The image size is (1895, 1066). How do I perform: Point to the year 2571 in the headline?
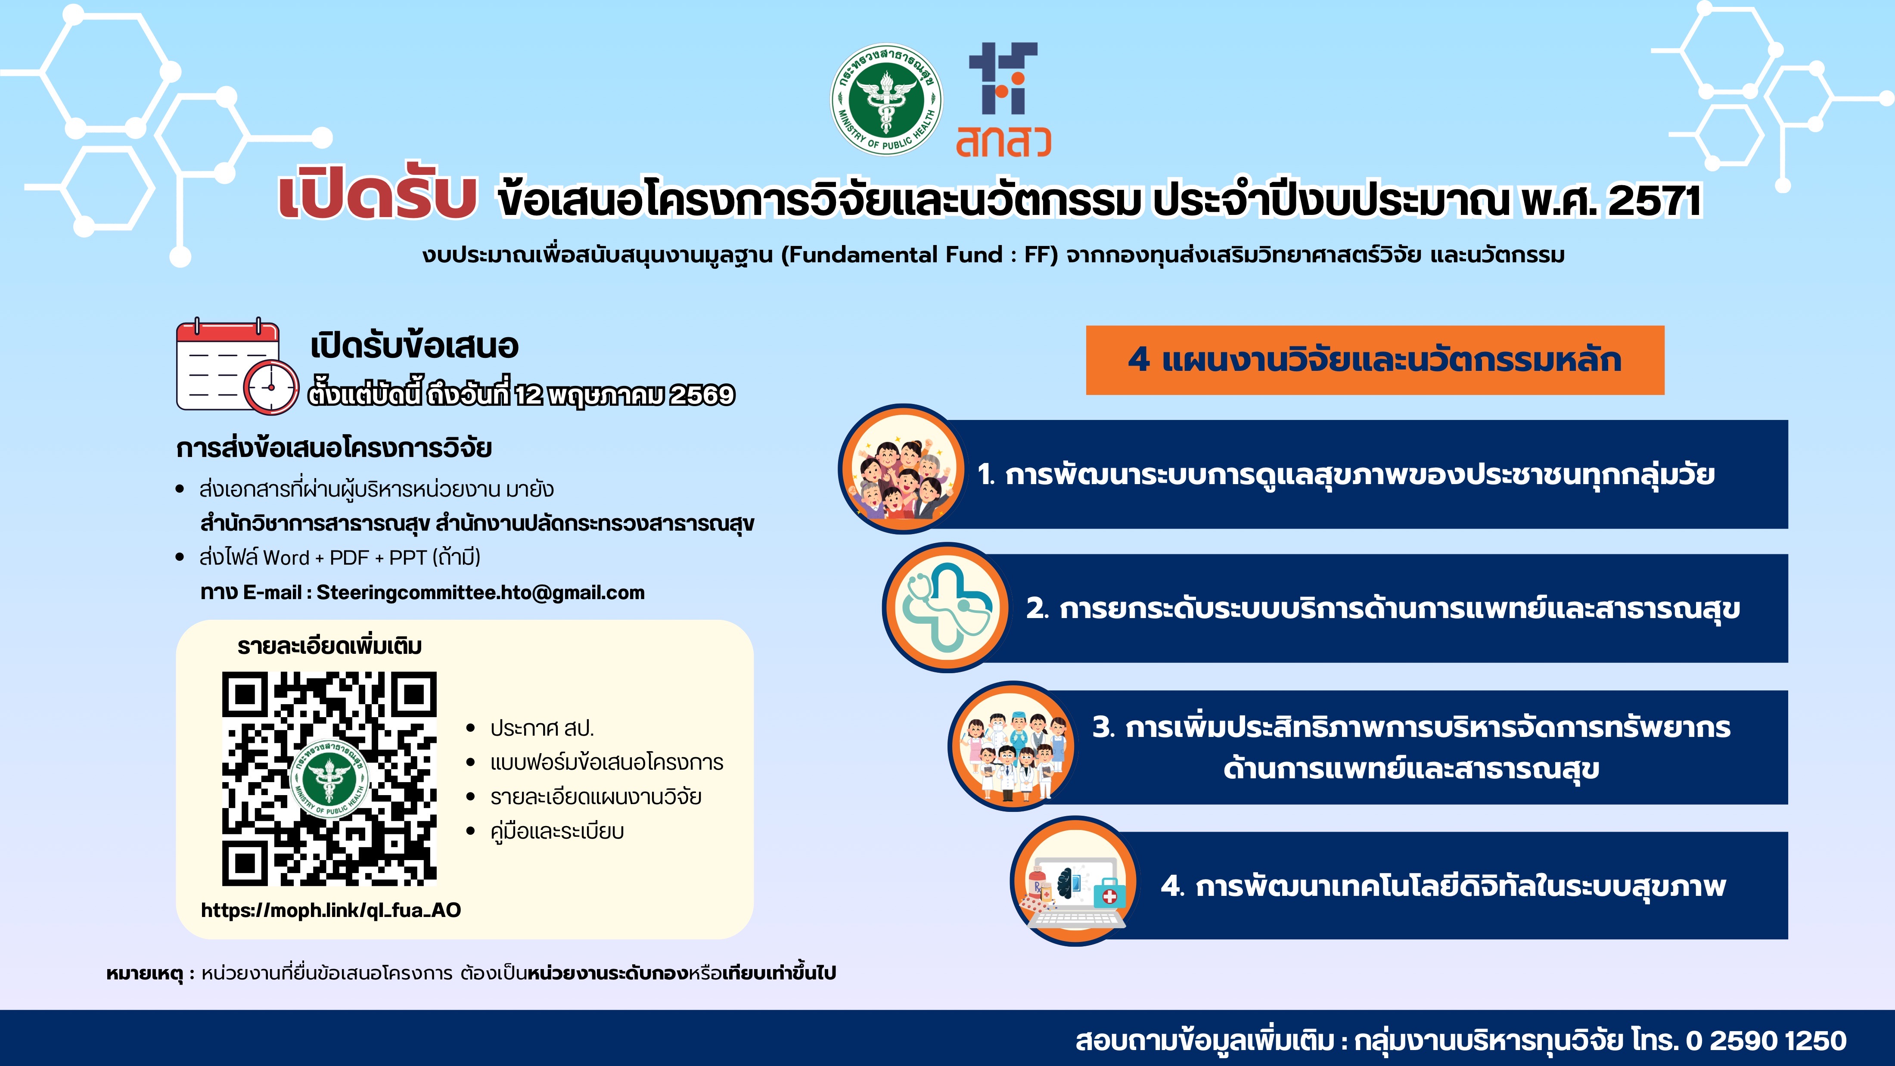pos(1655,200)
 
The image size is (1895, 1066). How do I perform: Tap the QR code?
pos(329,778)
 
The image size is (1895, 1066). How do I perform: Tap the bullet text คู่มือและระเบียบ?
pos(557,831)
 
